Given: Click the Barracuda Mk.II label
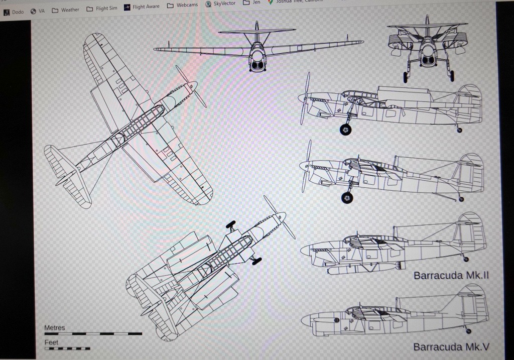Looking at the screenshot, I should pyautogui.click(x=451, y=276).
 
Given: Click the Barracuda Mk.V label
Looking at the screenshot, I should pyautogui.click(x=451, y=347).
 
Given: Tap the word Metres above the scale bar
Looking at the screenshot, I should pyautogui.click(x=55, y=328).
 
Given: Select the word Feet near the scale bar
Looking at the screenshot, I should pyautogui.click(x=51, y=342).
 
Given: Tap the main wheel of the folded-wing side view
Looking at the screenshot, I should pyautogui.click(x=345, y=130).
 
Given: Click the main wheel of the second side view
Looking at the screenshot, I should pyautogui.click(x=347, y=198).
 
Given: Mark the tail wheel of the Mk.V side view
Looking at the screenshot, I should pyautogui.click(x=468, y=331).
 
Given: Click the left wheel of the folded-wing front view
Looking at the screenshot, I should pyautogui.click(x=405, y=77).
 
